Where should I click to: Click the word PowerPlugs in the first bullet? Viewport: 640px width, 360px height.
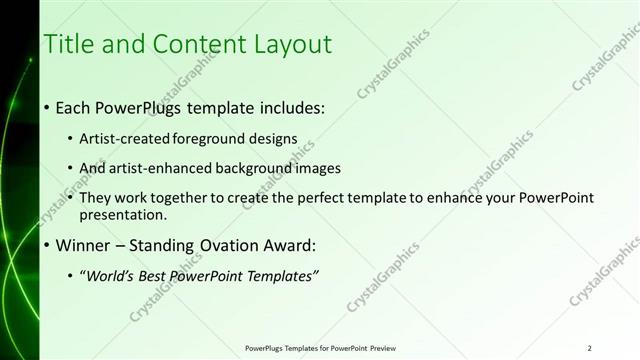click(138, 107)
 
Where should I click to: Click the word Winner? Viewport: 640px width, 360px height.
click(82, 244)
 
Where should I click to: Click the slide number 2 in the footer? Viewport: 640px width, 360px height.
click(590, 348)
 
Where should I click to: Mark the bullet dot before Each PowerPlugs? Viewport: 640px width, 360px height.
click(47, 107)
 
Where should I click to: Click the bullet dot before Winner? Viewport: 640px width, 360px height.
click(47, 244)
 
